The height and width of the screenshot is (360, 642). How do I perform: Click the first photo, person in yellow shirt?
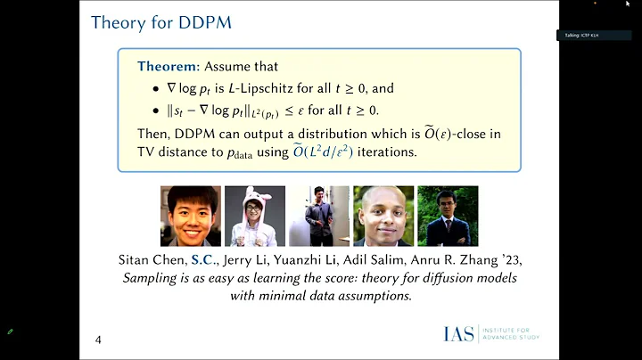[x=190, y=216]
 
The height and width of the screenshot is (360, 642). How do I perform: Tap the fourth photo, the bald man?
[x=383, y=216]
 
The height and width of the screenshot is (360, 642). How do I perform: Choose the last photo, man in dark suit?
[x=448, y=216]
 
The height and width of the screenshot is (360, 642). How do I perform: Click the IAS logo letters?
[x=459, y=334]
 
